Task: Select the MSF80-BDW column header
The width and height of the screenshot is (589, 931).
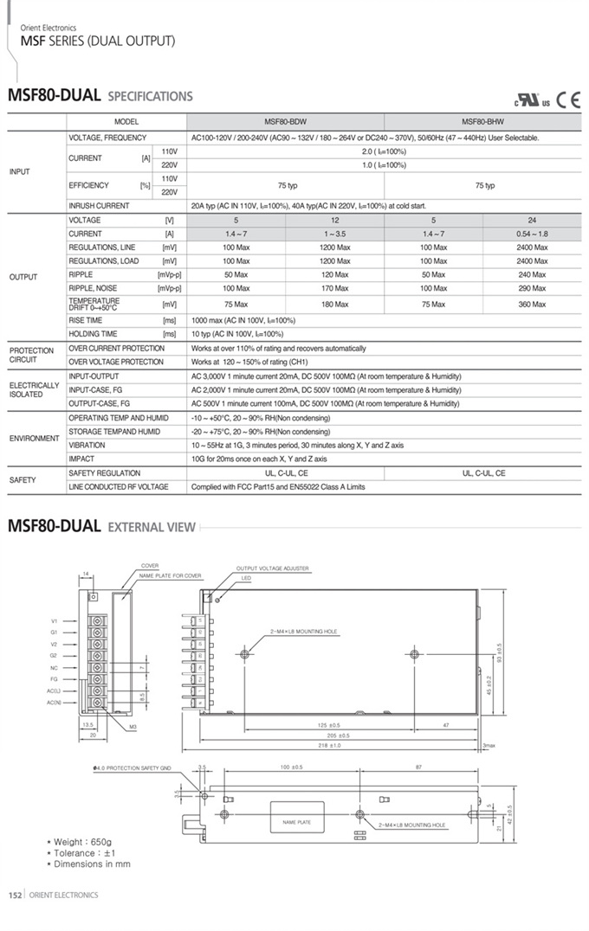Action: (x=284, y=122)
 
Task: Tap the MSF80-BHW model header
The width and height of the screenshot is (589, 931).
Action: (x=482, y=122)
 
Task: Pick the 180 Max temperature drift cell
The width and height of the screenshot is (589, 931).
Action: (x=335, y=305)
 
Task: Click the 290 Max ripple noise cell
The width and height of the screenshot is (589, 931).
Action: (x=532, y=288)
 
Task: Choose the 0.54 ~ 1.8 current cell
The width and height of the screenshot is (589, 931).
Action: (x=532, y=234)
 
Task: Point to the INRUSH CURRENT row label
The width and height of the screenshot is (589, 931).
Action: (x=99, y=206)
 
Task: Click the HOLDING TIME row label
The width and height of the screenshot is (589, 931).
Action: (x=93, y=334)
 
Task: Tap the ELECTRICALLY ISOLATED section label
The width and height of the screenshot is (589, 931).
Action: (x=35, y=389)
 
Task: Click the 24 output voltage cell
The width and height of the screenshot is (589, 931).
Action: (x=532, y=221)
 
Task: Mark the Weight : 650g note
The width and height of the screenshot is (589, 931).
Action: (x=83, y=842)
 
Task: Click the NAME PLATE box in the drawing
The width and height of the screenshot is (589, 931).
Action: (x=297, y=822)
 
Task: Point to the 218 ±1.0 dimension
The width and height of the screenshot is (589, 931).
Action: (x=329, y=745)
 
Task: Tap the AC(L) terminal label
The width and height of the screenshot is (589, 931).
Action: (x=53, y=691)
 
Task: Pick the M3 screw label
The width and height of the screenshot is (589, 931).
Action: (x=133, y=727)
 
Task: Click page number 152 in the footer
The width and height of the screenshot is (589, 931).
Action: (x=15, y=895)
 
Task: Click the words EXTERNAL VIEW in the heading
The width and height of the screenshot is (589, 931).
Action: (x=152, y=527)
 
